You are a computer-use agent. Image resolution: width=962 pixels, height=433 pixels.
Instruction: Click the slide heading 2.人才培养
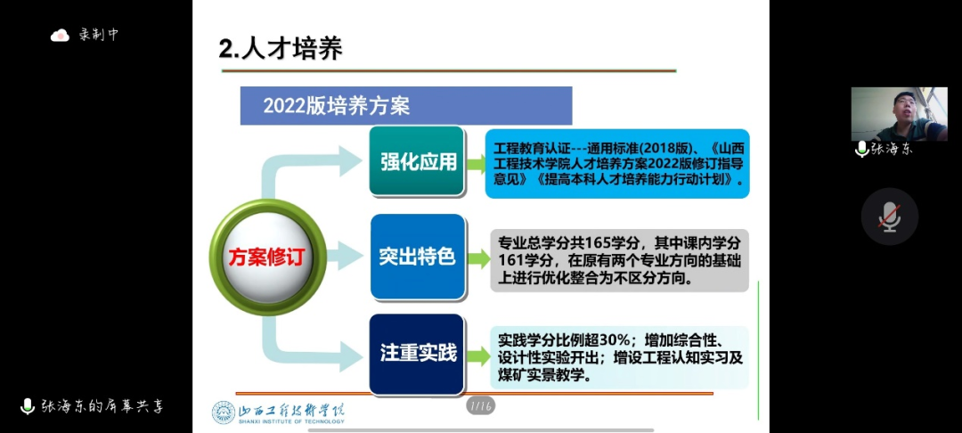281,49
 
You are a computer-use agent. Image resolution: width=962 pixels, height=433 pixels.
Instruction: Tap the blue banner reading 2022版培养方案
405,105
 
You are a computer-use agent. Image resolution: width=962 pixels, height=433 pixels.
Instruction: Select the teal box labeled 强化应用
417,162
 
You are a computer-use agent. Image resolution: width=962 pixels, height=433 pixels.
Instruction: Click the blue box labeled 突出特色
417,257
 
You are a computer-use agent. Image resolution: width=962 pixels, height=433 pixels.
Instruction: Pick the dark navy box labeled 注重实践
417,354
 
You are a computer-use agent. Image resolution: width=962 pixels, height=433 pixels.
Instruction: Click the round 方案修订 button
267,257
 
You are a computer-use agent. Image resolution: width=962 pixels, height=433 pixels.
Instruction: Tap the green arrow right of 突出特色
478,258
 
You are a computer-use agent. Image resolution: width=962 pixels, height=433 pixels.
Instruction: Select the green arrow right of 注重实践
477,355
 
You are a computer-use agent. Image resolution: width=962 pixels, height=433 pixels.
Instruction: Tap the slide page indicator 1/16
480,405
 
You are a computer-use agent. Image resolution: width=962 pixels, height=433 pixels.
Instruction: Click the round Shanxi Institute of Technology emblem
224,413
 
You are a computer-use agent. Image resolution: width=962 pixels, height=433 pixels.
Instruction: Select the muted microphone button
890,216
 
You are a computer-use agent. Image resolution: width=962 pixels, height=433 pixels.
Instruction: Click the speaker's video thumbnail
899,114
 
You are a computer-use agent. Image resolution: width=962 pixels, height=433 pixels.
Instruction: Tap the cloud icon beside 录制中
61,35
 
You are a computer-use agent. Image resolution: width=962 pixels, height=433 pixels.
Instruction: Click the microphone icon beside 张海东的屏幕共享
28,406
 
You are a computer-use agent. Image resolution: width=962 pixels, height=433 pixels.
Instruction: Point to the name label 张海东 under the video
892,150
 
